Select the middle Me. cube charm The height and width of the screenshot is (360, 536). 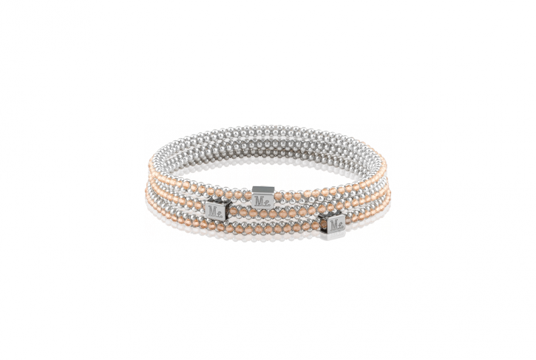click(263, 197)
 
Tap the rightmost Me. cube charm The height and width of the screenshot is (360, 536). click(333, 223)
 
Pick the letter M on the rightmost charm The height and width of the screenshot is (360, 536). click(334, 225)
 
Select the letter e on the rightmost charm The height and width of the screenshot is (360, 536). click(341, 227)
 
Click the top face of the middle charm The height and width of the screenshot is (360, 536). click(263, 189)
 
